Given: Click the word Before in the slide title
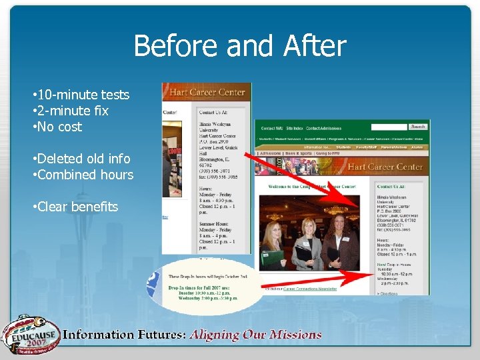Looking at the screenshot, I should point(177,47).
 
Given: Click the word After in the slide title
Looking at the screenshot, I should point(315,47).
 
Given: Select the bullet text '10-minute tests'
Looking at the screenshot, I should point(83,95).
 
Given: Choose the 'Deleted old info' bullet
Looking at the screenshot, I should point(83,159).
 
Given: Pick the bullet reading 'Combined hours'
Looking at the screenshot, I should point(85,175).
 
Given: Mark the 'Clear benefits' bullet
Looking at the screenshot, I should point(78,207).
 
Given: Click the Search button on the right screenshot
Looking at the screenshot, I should point(418,127).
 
